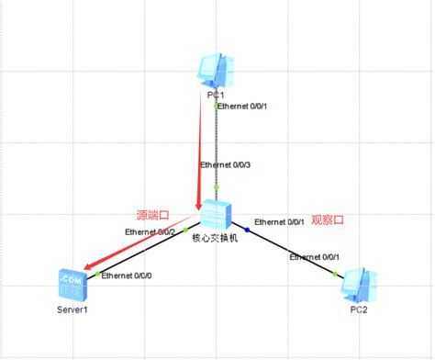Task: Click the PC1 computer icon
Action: point(217,71)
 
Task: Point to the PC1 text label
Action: point(217,95)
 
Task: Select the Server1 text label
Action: point(72,309)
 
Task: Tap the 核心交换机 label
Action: point(215,238)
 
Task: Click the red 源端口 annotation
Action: point(153,215)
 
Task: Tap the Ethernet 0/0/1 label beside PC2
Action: point(315,258)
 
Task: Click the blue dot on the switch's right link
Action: point(247,227)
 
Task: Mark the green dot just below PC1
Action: point(217,106)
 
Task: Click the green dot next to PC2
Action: point(341,272)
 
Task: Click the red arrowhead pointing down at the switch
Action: point(198,204)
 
